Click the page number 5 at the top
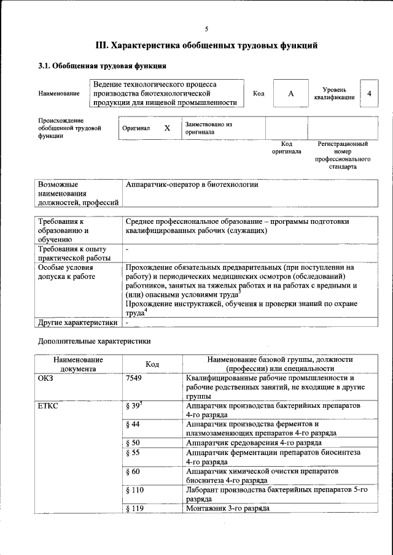pos(206,29)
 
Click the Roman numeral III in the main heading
pos(103,45)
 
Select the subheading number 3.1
pos(45,66)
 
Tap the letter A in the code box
pos(290,93)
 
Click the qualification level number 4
pos(368,93)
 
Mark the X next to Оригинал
pos(166,129)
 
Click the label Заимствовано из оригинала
pos(208,128)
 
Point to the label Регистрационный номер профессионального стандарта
pos(342,155)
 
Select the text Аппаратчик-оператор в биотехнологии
pos(192,184)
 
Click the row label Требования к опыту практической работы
pos(72,253)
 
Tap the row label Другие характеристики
pos(77,322)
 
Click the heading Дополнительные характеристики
pos(94,341)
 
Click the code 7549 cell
pos(134,379)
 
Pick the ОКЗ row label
pos(47,379)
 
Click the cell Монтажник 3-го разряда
pos(227,508)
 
